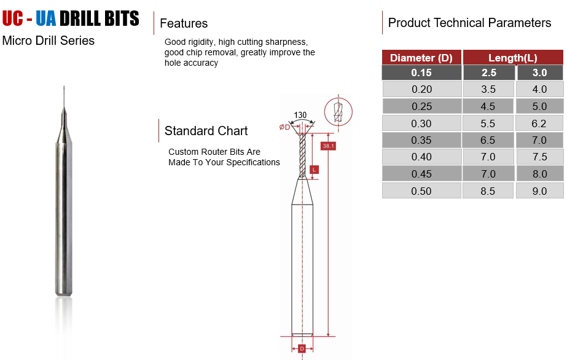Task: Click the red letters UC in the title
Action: click(12, 18)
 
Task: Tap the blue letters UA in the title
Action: click(46, 18)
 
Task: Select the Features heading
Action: click(184, 23)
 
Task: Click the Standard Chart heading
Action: click(206, 131)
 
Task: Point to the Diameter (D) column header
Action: click(421, 58)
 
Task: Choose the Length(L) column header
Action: click(513, 58)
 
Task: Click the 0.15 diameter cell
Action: click(421, 72)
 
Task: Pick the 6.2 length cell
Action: click(539, 123)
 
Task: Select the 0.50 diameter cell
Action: click(421, 191)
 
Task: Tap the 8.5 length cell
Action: click(488, 191)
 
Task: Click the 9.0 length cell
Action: click(539, 191)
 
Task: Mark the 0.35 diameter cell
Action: click(421, 140)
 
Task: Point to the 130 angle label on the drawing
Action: click(300, 115)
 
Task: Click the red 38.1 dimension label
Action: click(329, 146)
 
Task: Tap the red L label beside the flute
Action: click(315, 170)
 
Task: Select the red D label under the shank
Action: click(302, 349)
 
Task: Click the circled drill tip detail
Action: click(338, 112)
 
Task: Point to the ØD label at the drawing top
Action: click(284, 127)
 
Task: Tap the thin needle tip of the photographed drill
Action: click(64, 87)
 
